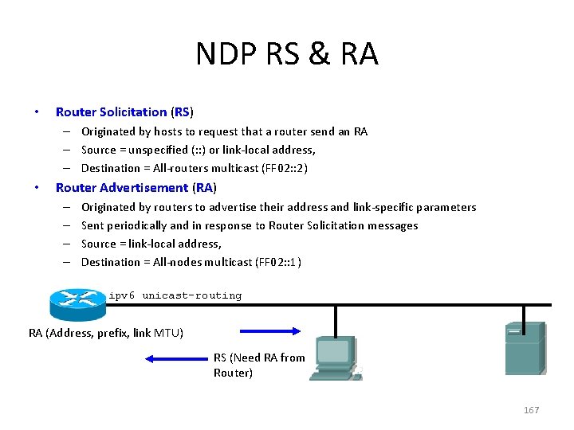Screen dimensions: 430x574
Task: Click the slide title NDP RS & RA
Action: coord(287,54)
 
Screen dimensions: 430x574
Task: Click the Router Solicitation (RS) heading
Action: coord(124,112)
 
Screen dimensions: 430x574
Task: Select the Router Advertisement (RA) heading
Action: coord(136,188)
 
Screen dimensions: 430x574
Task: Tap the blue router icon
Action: coord(77,301)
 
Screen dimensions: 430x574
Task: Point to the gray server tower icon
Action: coord(525,348)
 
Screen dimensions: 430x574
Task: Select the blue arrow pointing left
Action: coord(176,359)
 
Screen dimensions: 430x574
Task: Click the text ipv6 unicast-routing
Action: coord(175,295)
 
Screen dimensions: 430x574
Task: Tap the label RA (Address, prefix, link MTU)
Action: coord(106,332)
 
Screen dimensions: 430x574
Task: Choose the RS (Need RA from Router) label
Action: coord(259,365)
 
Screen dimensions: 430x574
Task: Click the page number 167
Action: coord(531,410)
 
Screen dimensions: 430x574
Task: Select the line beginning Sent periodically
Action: coord(250,225)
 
